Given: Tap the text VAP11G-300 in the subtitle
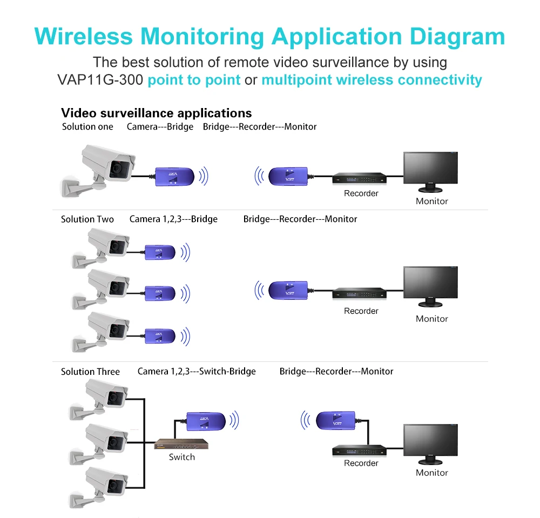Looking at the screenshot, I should [x=99, y=80].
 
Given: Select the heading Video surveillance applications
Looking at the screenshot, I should [x=156, y=113].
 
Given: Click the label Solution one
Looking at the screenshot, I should [x=87, y=126].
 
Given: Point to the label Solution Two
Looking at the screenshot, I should [x=87, y=219].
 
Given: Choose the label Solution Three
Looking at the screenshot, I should [x=90, y=371].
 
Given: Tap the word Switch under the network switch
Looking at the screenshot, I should [x=181, y=457].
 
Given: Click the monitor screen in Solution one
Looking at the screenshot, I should [x=430, y=168].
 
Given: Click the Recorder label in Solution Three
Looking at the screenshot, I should [x=361, y=463].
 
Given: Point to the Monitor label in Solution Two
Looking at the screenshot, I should [x=431, y=319].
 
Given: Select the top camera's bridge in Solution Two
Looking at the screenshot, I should [x=159, y=252].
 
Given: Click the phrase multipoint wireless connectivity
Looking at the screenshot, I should [x=372, y=80].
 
